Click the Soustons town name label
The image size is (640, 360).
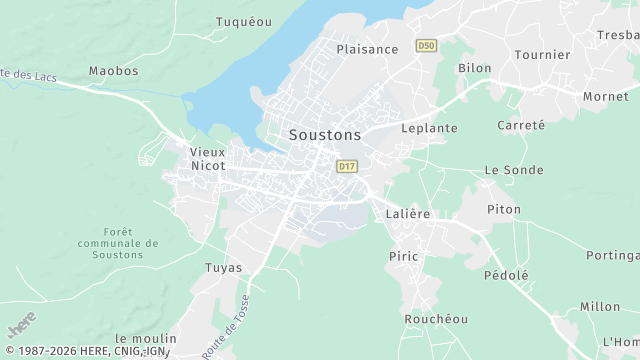325,133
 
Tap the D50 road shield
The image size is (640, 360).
427,46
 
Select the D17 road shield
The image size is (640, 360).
347,166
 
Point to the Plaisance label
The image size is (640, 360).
367,49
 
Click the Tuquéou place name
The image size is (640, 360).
244,21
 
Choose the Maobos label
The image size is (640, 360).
113,71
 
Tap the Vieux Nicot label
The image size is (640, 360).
207,158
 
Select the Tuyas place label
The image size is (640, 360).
223,267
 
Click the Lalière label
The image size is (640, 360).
407,214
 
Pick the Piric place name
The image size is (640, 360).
403,256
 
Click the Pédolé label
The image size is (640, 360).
506,275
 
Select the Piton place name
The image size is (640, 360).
504,209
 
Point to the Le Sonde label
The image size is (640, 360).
514,170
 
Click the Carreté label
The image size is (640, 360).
521,125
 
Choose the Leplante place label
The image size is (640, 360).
429,128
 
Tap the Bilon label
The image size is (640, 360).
474,68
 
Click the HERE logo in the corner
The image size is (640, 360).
22,327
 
